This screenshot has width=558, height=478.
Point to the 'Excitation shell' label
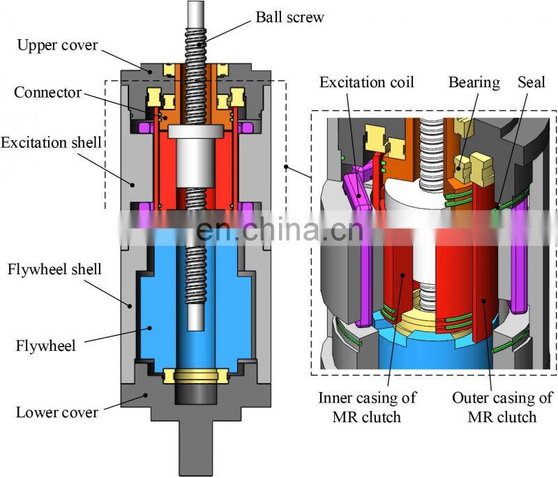click(x=52, y=142)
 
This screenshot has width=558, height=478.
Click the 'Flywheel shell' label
click(x=54, y=269)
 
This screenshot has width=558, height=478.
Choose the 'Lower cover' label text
click(x=57, y=412)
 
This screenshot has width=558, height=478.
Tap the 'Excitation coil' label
click(x=367, y=82)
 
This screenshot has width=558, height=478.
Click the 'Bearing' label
click(x=474, y=82)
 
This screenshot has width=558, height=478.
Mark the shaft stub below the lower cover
click(x=197, y=447)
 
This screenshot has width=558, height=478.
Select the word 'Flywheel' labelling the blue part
click(x=46, y=344)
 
